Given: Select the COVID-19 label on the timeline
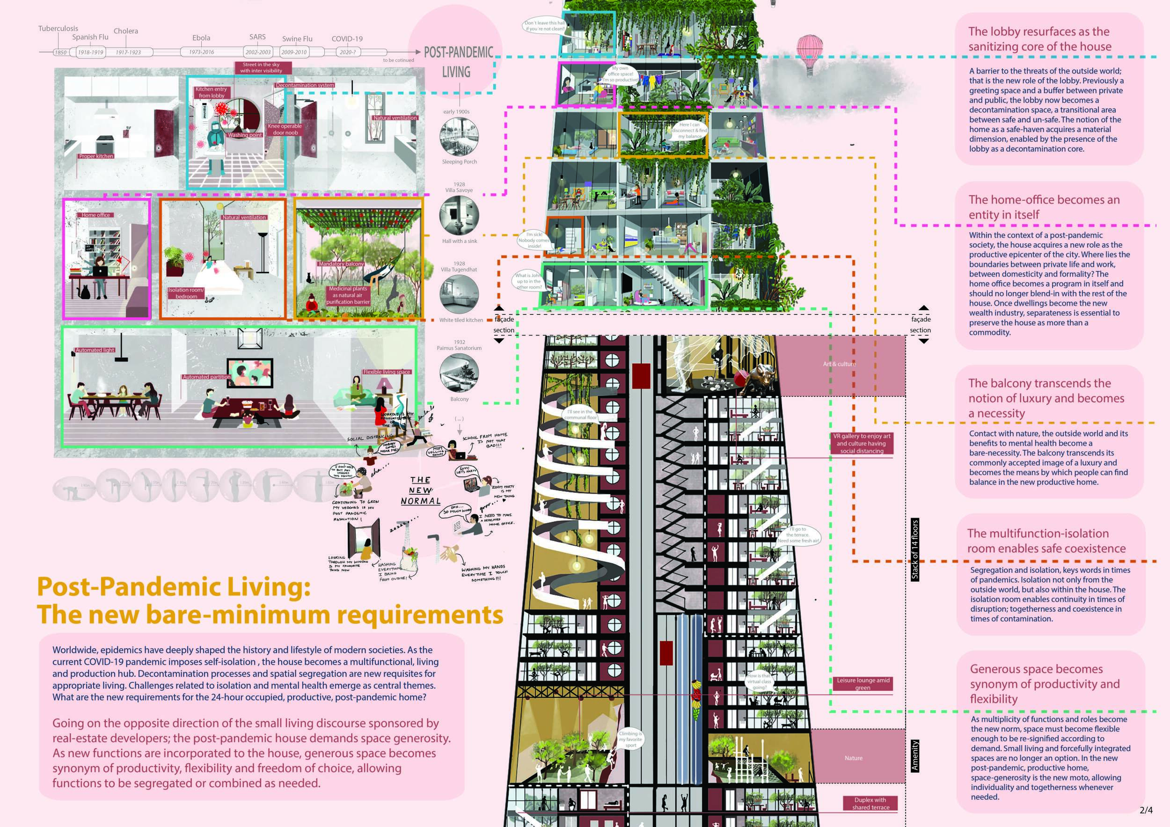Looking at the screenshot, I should (x=347, y=39).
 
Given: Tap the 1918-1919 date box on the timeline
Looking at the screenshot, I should (x=90, y=52).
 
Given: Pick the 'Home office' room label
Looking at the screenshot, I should (x=96, y=215).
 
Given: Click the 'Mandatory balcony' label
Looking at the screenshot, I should (x=341, y=264).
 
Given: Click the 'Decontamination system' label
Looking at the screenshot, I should (x=305, y=85).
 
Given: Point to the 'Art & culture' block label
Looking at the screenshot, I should (x=839, y=364).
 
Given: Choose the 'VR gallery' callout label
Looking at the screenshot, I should (x=862, y=443).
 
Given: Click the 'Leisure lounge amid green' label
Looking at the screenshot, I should (x=863, y=684).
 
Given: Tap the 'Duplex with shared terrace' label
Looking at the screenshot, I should (x=870, y=804).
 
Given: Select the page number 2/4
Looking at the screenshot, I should (x=1146, y=810).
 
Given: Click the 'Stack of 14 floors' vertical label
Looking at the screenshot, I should (x=914, y=550).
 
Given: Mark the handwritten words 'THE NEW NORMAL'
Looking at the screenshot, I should (x=420, y=490).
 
